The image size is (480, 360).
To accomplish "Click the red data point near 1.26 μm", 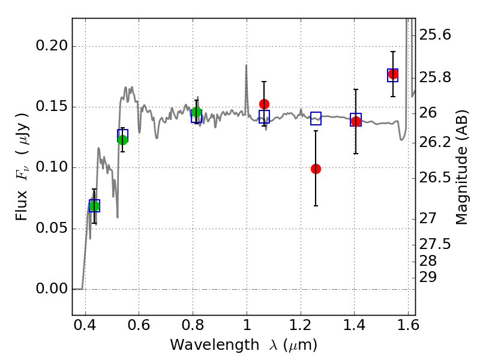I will click(x=316, y=169).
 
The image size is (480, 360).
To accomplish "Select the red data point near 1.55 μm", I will click(x=393, y=74).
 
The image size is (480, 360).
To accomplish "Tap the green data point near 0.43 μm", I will click(x=94, y=206).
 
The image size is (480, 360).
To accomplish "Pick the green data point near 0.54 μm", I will click(x=122, y=140).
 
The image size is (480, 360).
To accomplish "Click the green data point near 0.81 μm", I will click(x=196, y=112).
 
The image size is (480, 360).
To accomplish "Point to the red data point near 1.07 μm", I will click(x=264, y=104).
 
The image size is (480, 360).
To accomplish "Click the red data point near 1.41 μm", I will click(x=356, y=122).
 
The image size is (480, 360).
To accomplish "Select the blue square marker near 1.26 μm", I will click(x=316, y=119).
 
